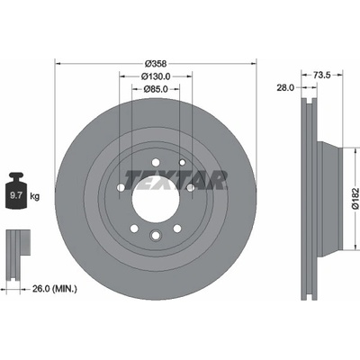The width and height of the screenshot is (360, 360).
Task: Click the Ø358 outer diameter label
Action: (x=156, y=64)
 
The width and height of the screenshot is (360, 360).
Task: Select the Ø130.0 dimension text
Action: (x=156, y=76)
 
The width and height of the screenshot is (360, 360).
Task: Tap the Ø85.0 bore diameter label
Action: (x=156, y=89)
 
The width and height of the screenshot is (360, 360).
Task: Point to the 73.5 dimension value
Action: (x=321, y=75)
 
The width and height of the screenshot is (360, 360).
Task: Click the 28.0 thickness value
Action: (x=285, y=87)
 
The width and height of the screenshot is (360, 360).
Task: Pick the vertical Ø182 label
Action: (x=355, y=198)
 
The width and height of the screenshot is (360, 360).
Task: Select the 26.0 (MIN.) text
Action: (x=54, y=289)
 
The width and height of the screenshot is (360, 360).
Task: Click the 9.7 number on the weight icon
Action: (x=16, y=196)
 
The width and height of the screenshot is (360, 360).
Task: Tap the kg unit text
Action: (x=34, y=196)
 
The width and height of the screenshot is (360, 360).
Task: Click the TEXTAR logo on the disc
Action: (x=175, y=180)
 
